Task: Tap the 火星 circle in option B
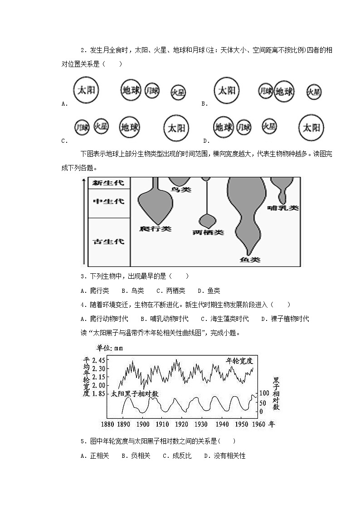(x=314, y=92)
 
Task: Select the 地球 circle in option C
(x=131, y=128)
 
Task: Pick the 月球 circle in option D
(x=244, y=127)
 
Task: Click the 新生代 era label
(x=108, y=183)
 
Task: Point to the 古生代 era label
(x=108, y=241)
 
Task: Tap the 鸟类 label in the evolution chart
(x=180, y=189)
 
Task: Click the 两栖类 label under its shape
(x=208, y=232)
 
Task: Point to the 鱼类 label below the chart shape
(x=250, y=260)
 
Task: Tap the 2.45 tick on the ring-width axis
(x=98, y=360)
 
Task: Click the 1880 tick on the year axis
(x=107, y=424)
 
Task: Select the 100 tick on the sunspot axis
(x=264, y=393)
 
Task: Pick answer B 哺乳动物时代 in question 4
(x=164, y=319)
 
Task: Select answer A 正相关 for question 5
(x=95, y=456)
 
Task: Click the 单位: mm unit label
(x=109, y=348)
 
